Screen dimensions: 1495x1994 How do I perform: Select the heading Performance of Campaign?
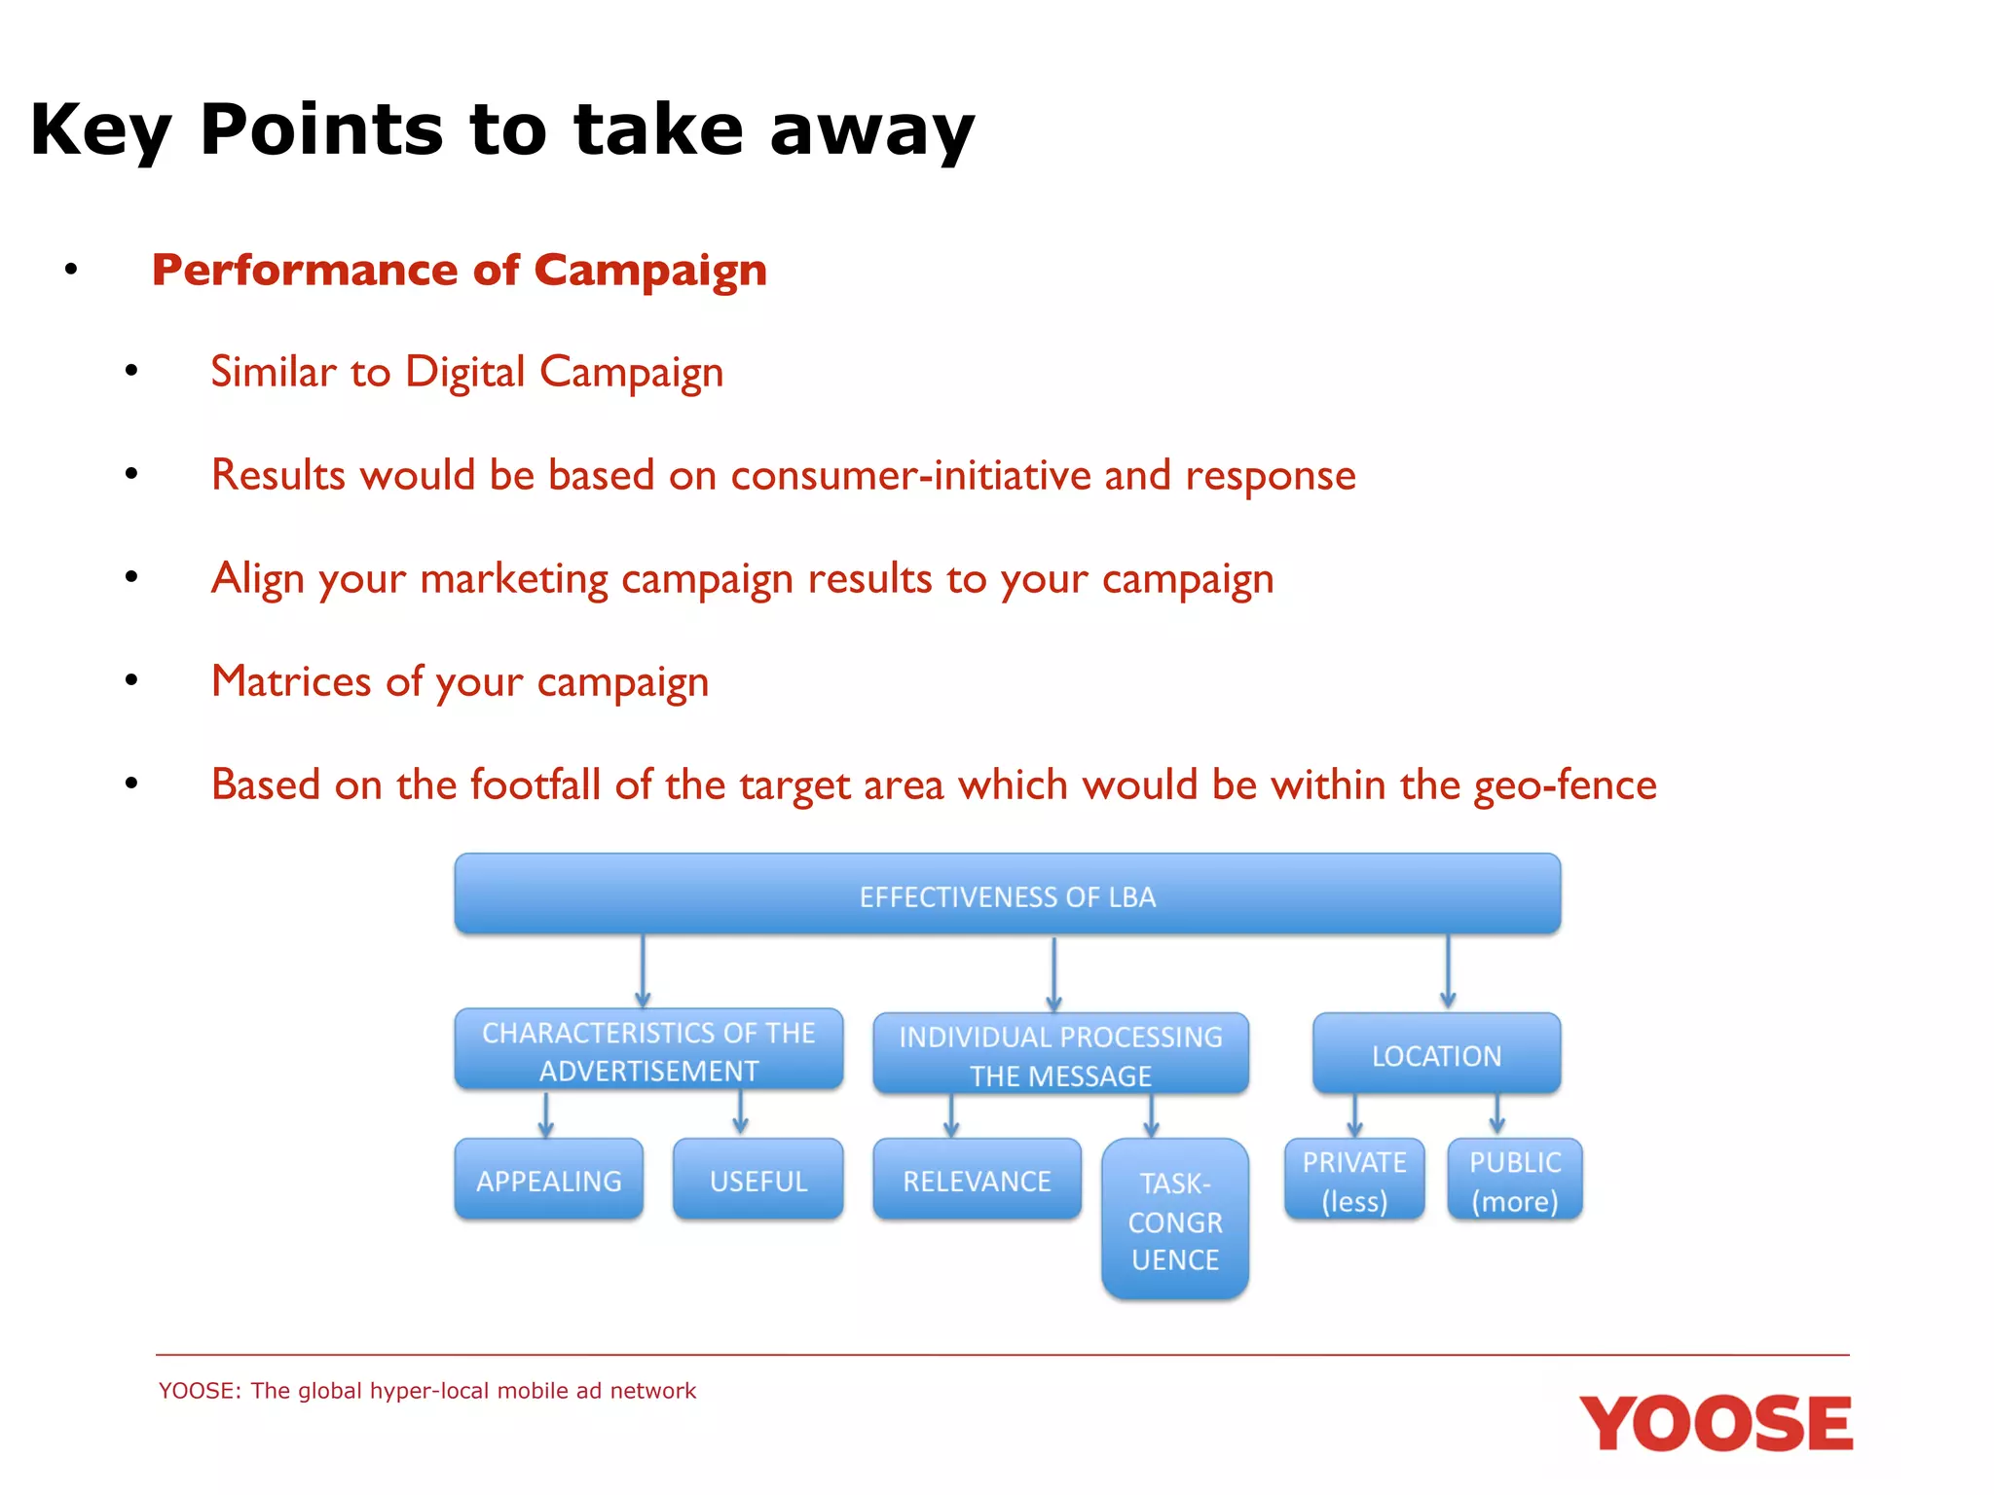coord(459,270)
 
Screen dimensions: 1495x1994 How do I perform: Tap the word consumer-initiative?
coord(910,475)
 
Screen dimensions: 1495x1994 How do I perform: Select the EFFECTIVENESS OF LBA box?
coord(1007,895)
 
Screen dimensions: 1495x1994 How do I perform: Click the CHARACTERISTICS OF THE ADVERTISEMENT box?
coord(648,1050)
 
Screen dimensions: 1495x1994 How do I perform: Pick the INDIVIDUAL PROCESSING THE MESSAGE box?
coord(1060,1055)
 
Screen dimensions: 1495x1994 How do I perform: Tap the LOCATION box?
coord(1436,1055)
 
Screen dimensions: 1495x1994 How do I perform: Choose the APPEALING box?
coord(548,1180)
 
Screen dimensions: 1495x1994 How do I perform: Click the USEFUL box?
coord(757,1180)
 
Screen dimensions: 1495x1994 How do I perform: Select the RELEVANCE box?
coord(977,1180)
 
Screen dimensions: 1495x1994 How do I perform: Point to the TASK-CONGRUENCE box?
coord(1174,1220)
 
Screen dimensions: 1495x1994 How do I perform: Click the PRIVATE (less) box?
coord(1353,1180)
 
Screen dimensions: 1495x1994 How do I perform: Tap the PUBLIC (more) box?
coord(1514,1180)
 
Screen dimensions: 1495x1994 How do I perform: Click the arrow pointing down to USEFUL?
coord(740,1112)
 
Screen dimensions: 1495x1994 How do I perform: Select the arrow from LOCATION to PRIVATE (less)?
coord(1354,1115)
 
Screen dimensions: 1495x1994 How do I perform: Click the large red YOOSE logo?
coord(1716,1423)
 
